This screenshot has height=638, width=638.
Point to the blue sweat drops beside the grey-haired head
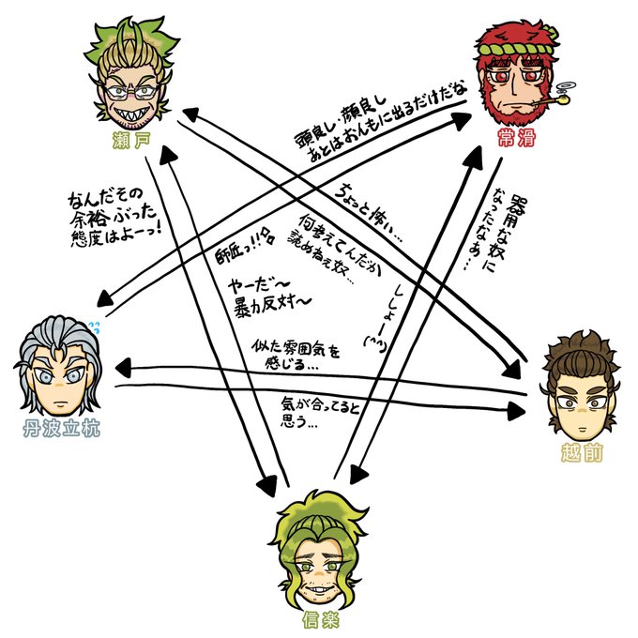pyautogui.click(x=93, y=327)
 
